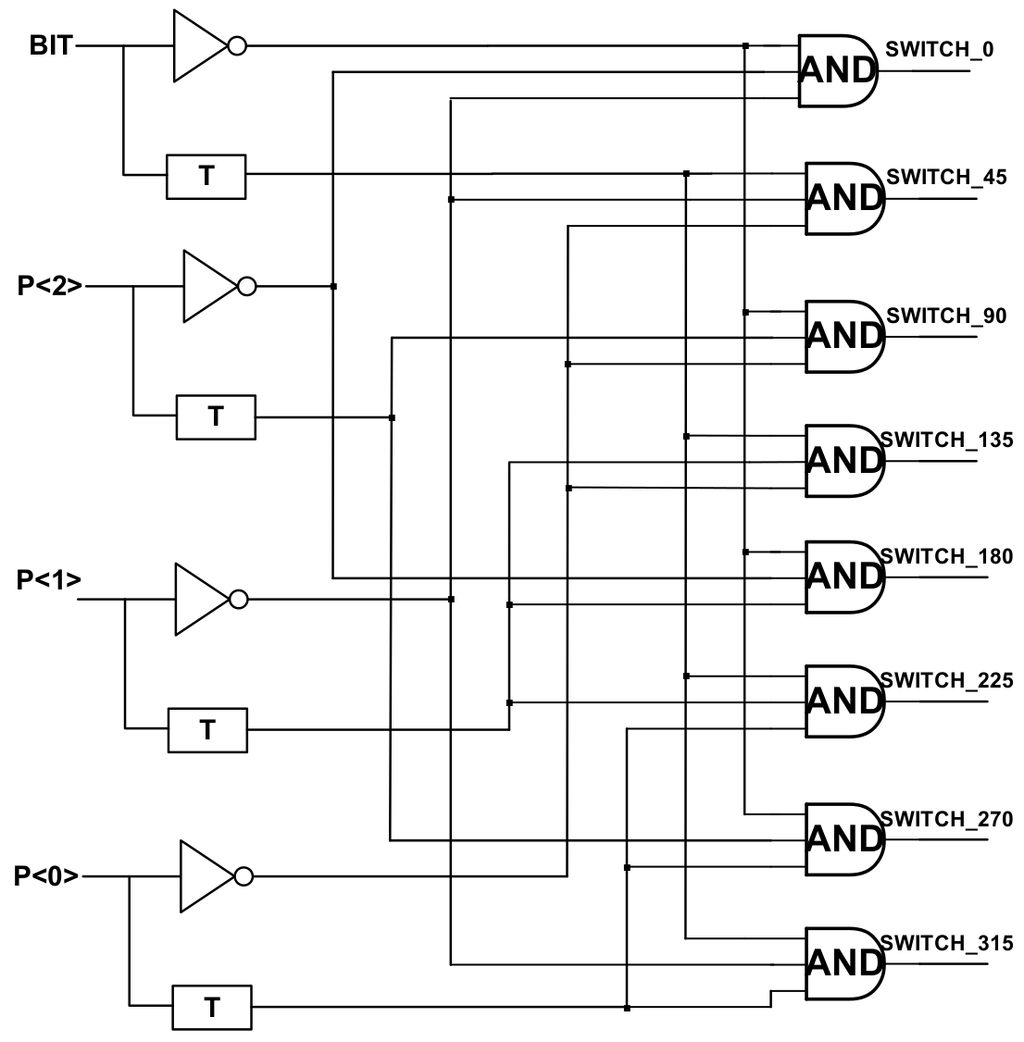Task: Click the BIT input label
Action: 51,45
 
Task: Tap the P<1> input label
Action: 49,581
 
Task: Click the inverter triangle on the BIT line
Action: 198,45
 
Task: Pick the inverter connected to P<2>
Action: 209,287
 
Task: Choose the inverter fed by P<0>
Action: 206,875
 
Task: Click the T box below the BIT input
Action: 206,177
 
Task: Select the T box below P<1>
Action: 207,730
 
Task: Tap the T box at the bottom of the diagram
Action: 212,1007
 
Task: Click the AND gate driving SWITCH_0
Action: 836,70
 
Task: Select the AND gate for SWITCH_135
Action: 843,460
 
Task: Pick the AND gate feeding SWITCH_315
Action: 843,962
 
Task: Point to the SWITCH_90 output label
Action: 946,316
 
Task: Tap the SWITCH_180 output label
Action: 946,556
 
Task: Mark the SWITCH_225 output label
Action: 946,681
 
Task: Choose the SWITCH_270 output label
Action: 946,819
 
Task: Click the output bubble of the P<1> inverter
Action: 238,600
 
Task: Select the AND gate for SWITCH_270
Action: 843,838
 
